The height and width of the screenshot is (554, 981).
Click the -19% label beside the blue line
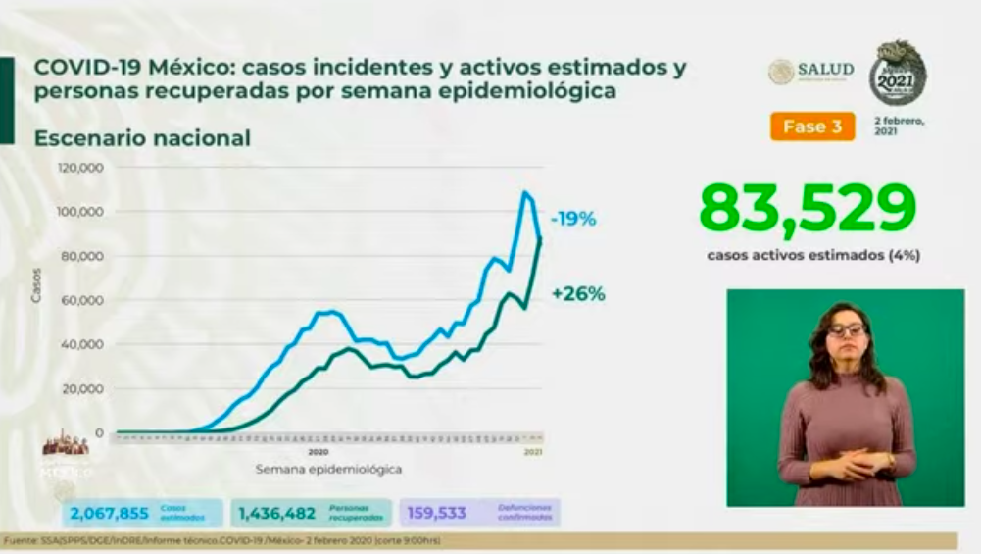(573, 220)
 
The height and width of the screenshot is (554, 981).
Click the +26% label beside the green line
(577, 293)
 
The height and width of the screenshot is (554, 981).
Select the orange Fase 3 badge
(811, 126)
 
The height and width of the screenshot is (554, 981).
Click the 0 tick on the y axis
(100, 432)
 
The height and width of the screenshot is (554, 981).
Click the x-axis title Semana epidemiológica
(328, 469)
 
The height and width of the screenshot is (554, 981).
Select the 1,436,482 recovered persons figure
(277, 512)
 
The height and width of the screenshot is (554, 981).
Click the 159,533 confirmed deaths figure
(437, 512)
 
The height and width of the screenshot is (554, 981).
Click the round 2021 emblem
(898, 74)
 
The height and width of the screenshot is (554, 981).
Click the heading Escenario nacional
(142, 138)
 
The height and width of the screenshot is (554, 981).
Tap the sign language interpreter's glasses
(846, 329)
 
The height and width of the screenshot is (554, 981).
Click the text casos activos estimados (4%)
(812, 255)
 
